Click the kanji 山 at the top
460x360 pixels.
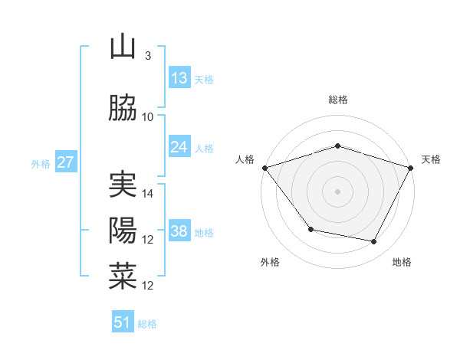coord(123,47)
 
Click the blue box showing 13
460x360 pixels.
coord(179,78)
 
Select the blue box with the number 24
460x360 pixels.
coord(179,147)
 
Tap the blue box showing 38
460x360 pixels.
coord(179,231)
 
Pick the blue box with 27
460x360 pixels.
coord(65,162)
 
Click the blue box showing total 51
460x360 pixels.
coord(123,322)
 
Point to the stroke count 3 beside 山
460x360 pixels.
coord(147,56)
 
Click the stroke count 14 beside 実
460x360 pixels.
coord(148,194)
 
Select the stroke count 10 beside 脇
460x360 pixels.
coord(148,117)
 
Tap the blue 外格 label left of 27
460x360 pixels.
coord(41,163)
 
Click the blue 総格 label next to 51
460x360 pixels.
coord(147,324)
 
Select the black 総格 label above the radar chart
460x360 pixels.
coord(338,100)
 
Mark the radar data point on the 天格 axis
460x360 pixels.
coord(412,168)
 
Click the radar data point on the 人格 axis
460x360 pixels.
coord(264,168)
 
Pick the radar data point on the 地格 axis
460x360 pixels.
coord(374,242)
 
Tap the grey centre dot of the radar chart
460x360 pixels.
coord(338,191)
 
